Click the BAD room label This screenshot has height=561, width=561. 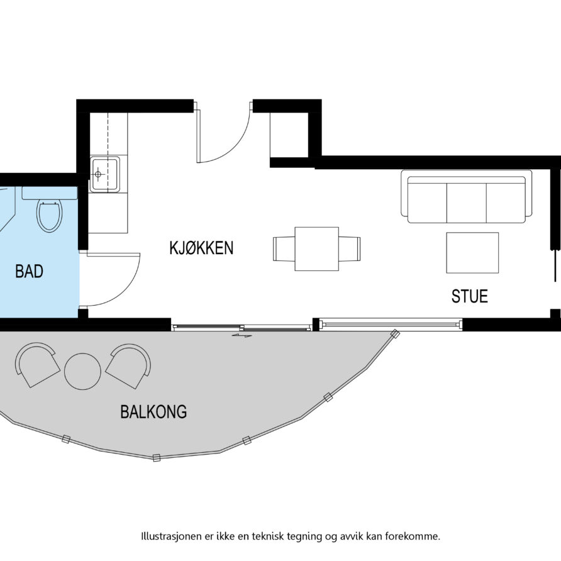[x=29, y=272]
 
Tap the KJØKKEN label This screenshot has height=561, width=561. [x=201, y=248]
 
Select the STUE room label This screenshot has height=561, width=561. [x=470, y=296]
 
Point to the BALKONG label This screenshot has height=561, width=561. [x=153, y=413]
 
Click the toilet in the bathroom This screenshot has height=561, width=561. [x=50, y=214]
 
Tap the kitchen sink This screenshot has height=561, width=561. [x=104, y=174]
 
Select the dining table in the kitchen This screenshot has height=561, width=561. [x=316, y=249]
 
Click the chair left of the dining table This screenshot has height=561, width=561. [x=283, y=249]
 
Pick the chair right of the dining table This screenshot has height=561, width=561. [x=350, y=249]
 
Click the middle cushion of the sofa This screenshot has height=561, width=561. [x=466, y=201]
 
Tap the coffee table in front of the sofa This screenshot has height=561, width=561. [x=472, y=253]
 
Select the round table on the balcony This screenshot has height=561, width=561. [x=82, y=371]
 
